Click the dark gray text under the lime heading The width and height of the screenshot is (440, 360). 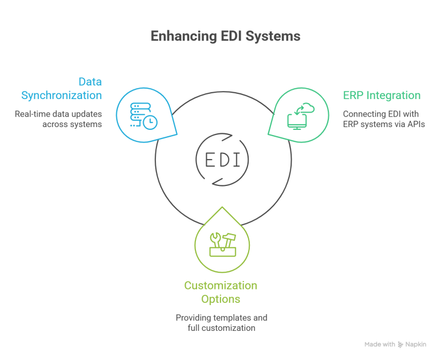coord(223,323)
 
